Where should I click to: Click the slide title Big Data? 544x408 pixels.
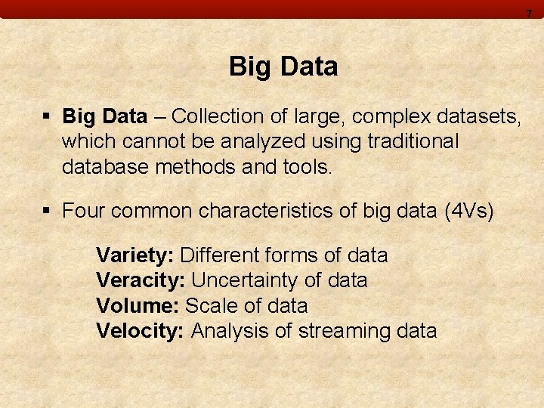pos(283,66)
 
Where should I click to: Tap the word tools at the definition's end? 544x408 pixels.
pos(307,166)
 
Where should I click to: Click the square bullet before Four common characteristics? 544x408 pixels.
pos(47,210)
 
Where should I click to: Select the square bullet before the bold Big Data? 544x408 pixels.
pos(47,116)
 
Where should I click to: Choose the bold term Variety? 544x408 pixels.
pos(135,255)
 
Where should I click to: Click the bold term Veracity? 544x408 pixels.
pos(141,280)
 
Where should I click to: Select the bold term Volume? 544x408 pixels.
pos(138,305)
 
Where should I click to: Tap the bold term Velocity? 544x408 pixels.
pos(141,330)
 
